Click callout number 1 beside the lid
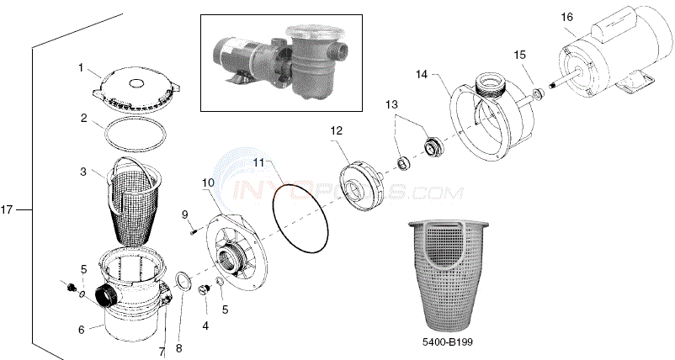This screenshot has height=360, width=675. coord(81,66)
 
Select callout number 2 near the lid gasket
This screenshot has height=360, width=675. coord(83,118)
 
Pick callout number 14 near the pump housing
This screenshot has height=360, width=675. coord(421,74)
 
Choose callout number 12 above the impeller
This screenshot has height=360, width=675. coord(336,130)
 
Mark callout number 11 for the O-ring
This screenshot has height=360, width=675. coord(259,161)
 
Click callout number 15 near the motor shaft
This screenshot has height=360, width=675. coord(520,55)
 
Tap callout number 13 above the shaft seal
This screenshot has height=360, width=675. coord(390,103)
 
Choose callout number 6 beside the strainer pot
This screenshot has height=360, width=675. coord(82,330)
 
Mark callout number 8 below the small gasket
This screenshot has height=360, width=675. coord(178,324)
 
